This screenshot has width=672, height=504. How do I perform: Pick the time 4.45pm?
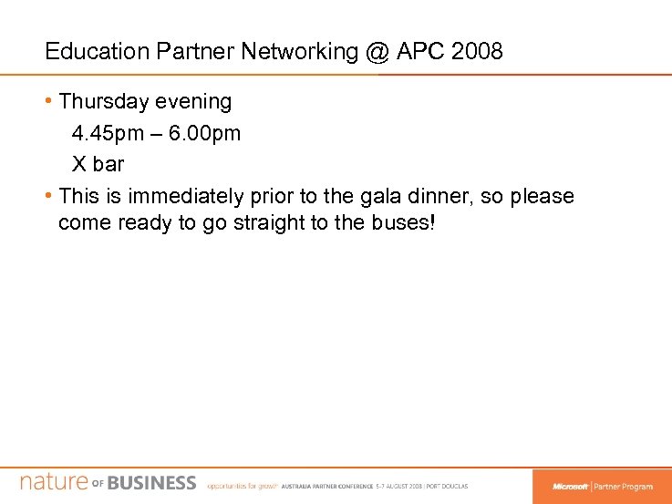(109, 133)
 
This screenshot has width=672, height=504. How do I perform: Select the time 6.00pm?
(205, 133)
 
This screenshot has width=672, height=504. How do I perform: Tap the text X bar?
(98, 165)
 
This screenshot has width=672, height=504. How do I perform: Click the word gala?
(370, 196)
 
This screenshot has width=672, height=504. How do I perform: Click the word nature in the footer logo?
(53, 482)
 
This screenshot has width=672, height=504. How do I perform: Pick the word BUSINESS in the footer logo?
(151, 483)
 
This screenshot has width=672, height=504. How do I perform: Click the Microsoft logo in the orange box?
(569, 486)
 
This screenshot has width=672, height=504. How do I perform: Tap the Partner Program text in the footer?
(624, 486)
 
